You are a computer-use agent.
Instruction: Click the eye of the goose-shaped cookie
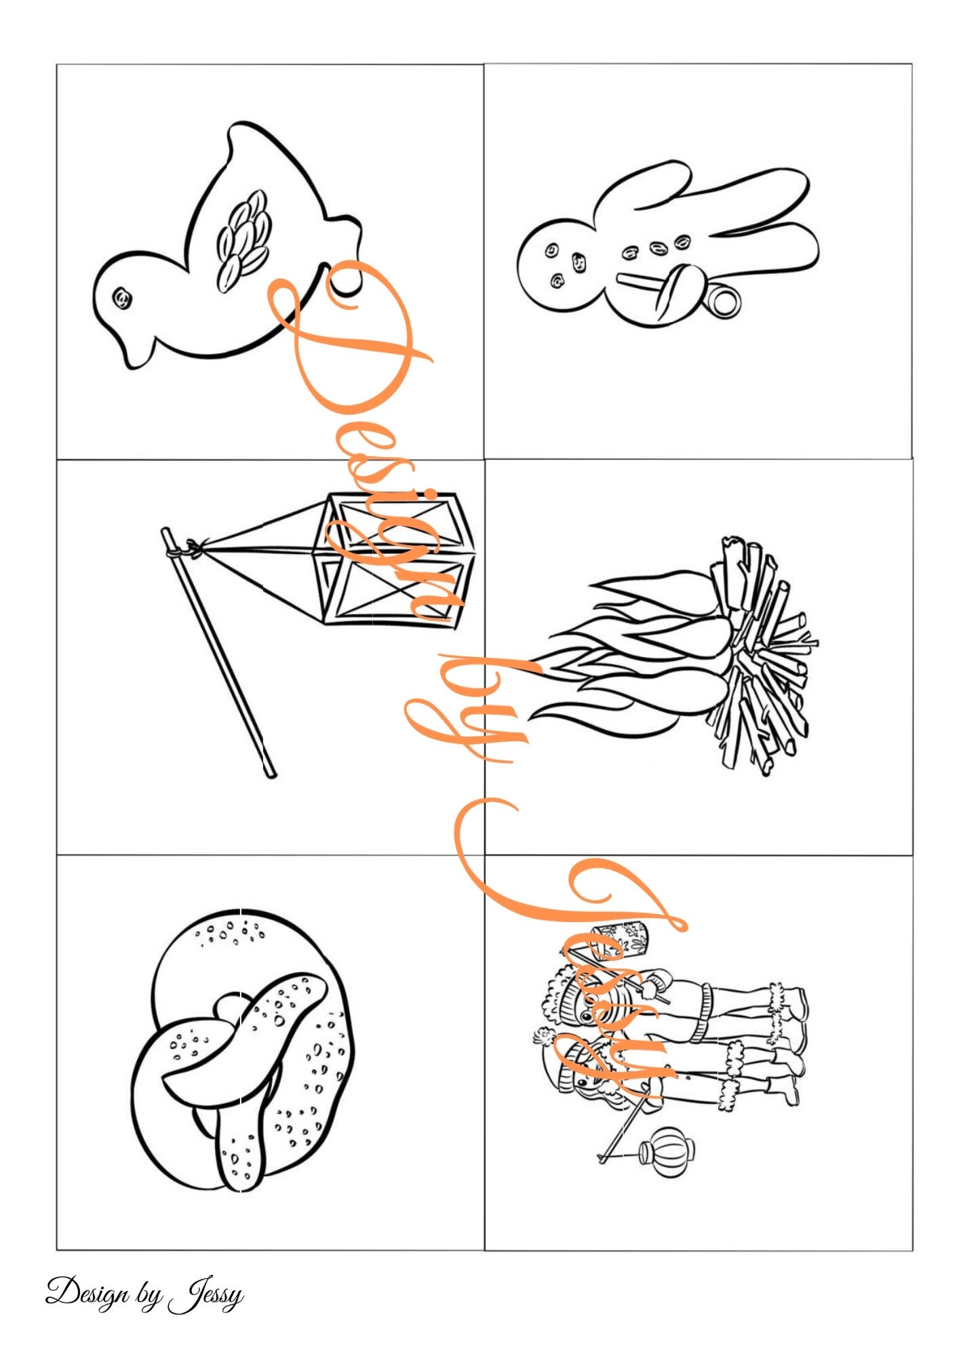point(123,297)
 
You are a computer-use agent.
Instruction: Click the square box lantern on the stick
point(391,559)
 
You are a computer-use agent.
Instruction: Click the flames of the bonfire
point(631,646)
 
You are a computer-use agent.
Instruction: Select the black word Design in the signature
point(87,1293)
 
